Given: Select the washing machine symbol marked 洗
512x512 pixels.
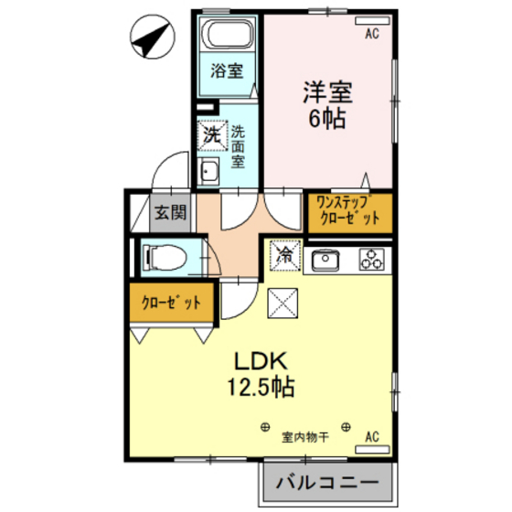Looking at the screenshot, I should tap(211, 135).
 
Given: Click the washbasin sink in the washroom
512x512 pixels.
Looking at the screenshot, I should tap(208, 172).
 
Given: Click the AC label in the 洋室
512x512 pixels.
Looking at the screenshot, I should tap(372, 34).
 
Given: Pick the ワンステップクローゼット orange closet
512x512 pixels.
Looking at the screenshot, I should tap(348, 212).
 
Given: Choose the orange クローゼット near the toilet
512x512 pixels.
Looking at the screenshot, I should tap(171, 301).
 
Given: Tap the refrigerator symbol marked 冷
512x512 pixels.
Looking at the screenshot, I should tap(284, 256).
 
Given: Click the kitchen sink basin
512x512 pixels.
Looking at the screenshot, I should tap(325, 261).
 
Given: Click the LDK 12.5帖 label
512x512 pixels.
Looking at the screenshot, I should tap(261, 372).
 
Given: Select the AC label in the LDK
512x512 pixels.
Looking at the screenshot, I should tap(372, 437).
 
